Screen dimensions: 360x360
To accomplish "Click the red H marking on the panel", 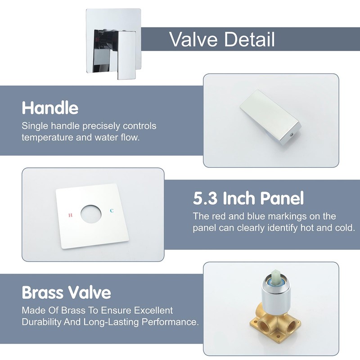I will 70,215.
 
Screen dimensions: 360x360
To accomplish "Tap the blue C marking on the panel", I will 112,211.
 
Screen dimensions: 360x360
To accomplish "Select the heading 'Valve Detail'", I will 222,40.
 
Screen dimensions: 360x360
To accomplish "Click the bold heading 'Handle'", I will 50,108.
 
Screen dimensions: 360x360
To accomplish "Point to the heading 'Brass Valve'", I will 66,293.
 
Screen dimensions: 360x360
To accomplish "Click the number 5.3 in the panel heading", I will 205,198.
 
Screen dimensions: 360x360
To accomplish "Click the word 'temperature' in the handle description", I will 46,137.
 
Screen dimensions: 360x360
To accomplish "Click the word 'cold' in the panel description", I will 345,228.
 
